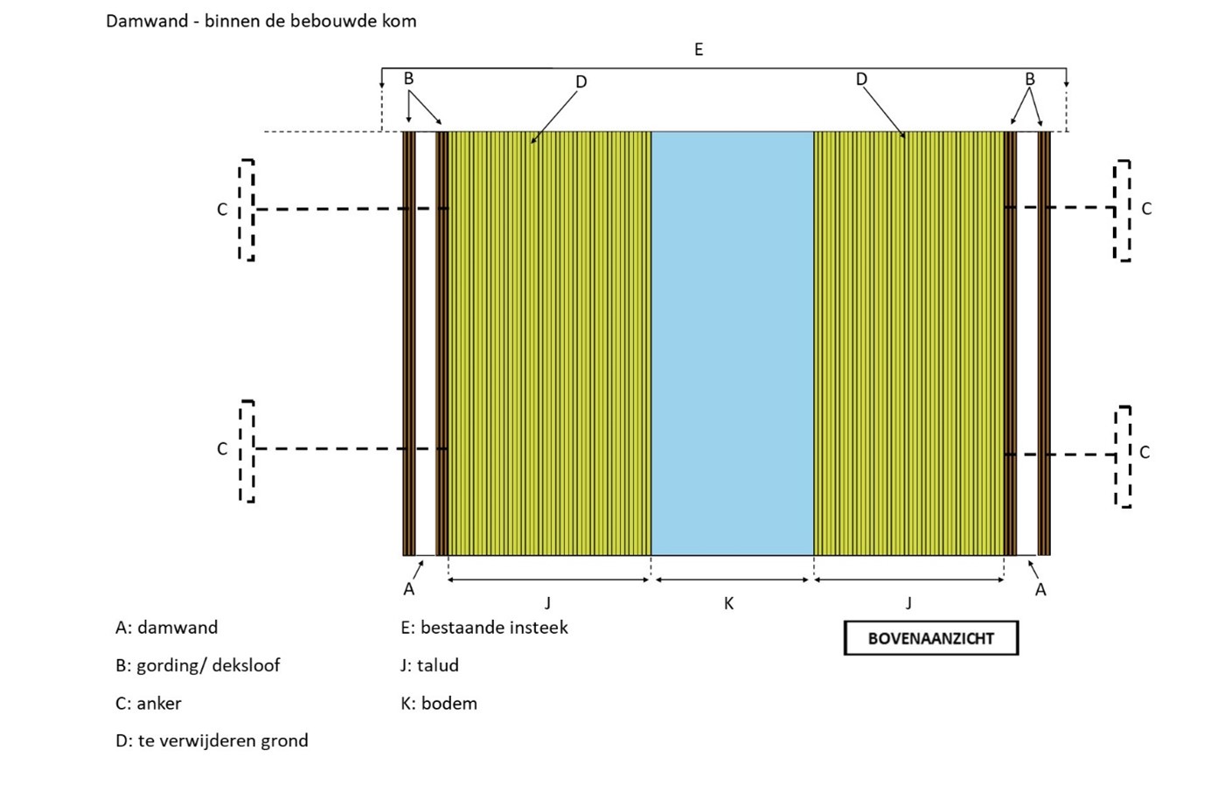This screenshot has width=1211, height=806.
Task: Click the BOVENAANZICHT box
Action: coord(930,638)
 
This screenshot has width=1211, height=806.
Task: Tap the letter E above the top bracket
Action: coord(699,50)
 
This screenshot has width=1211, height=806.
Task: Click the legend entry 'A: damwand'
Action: coord(166,628)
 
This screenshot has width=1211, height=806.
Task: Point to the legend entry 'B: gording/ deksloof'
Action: coord(198,665)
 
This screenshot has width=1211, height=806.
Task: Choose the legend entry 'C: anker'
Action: coord(148,704)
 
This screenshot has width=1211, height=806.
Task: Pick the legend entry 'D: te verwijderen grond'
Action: coord(212,741)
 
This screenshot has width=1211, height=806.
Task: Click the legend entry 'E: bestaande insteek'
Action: coord(484,628)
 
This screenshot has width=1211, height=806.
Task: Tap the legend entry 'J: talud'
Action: coord(429,665)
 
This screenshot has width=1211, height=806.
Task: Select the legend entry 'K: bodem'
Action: coord(439,704)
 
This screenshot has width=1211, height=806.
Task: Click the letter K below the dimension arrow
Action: coord(728,603)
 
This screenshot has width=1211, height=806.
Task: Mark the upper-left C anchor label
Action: coord(222,210)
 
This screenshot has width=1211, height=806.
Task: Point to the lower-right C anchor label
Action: coord(1145,452)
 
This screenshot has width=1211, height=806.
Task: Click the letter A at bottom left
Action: coord(408,590)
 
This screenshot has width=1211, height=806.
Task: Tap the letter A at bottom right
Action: coord(1040,590)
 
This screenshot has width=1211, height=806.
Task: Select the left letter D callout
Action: coord(581,82)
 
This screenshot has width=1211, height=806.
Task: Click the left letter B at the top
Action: coord(408,79)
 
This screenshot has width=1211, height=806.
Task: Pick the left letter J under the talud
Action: coord(547,603)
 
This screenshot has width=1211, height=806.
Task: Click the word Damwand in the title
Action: coord(147,20)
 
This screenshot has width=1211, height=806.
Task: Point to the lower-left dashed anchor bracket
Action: coord(247,451)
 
